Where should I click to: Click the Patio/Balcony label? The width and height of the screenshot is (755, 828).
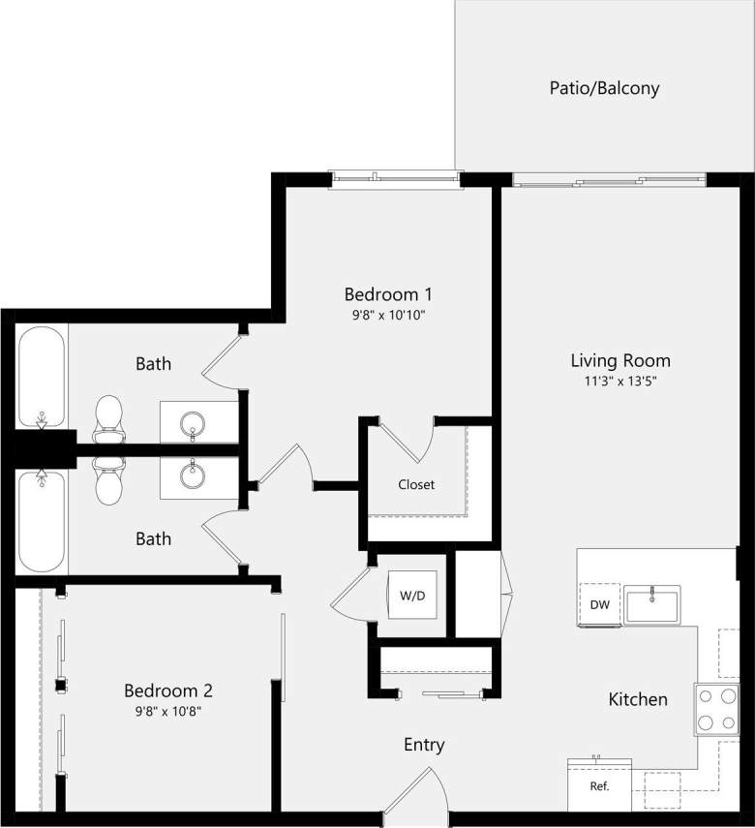604,88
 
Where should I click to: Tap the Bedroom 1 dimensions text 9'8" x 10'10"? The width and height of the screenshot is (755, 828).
387,315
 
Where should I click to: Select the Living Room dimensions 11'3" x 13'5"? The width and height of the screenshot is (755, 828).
619,382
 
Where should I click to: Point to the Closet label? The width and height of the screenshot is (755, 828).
416,484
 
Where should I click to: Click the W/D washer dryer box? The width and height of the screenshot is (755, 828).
412,596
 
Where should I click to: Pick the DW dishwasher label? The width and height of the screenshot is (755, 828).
599,604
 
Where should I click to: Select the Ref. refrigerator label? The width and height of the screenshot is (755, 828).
599,785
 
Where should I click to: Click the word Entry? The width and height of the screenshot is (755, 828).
424,745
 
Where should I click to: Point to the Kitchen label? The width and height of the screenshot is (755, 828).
637,699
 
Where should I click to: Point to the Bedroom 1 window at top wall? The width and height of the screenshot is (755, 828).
394,178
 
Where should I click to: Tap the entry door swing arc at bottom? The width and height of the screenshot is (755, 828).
417,791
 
